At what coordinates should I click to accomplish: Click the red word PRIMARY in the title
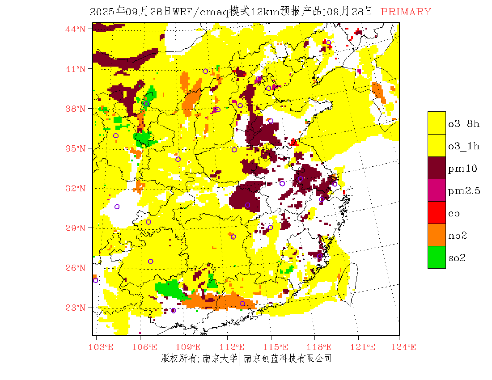406,12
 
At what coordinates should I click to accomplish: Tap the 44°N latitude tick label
75,29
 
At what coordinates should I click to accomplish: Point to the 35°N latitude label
75,148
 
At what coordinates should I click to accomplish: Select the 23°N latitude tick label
75,308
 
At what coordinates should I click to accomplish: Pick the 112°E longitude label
234,347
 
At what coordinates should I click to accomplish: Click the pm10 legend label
462,169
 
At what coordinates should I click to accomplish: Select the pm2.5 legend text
464,191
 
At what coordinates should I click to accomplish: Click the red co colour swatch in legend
437,213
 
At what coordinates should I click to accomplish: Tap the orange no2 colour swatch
437,235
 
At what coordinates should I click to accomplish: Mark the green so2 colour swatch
437,258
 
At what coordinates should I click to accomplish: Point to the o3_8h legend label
464,124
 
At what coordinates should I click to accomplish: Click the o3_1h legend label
464,146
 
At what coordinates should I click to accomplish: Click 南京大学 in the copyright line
219,359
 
